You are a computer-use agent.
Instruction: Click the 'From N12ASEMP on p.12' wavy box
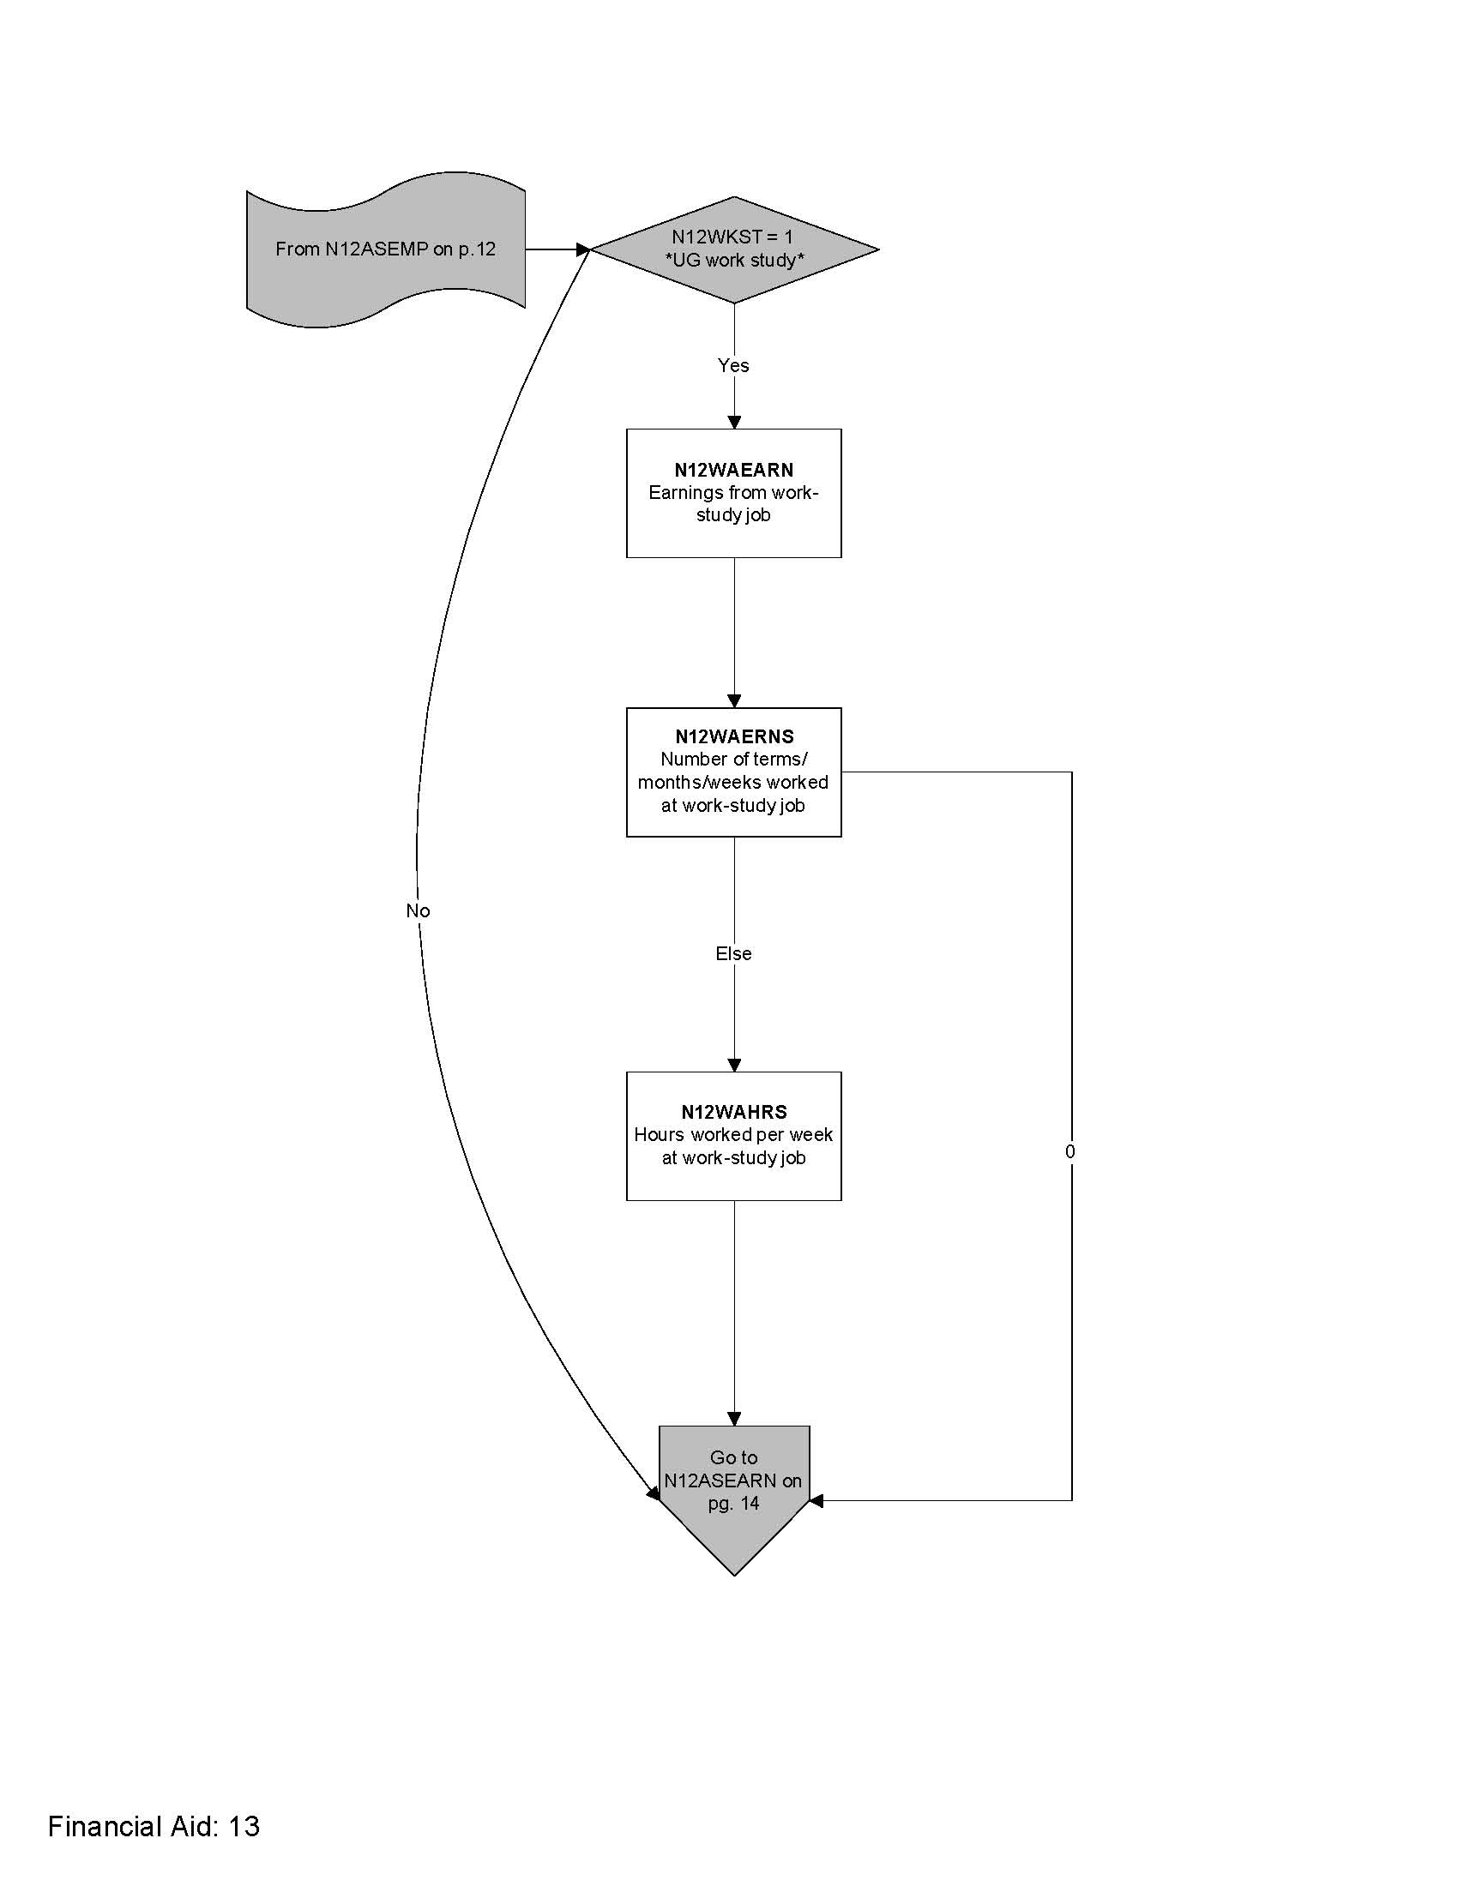pyautogui.click(x=385, y=249)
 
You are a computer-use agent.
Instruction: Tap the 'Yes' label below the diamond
pyautogui.click(x=733, y=365)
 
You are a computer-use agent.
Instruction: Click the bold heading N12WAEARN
pyautogui.click(x=733, y=470)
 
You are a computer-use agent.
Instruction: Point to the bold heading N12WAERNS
pyautogui.click(x=734, y=736)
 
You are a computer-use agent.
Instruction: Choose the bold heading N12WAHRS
pyautogui.click(x=734, y=1112)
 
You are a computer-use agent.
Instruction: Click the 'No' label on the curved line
pyautogui.click(x=418, y=911)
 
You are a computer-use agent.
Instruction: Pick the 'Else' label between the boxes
pyautogui.click(x=733, y=953)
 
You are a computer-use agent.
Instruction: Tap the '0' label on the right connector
pyautogui.click(x=1070, y=1151)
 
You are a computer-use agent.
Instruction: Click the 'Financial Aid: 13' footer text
pyautogui.click(x=154, y=1826)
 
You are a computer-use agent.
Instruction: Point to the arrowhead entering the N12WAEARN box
pyautogui.click(x=734, y=423)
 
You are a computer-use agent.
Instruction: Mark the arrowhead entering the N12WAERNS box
pyautogui.click(x=734, y=701)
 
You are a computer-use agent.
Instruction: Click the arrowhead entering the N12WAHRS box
pyautogui.click(x=734, y=1066)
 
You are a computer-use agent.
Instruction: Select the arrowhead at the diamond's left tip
pyautogui.click(x=583, y=249)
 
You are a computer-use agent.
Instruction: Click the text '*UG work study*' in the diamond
pyautogui.click(x=734, y=261)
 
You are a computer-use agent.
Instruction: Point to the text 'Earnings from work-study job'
pyautogui.click(x=733, y=503)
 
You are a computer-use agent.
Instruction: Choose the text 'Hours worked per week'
pyautogui.click(x=733, y=1135)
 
